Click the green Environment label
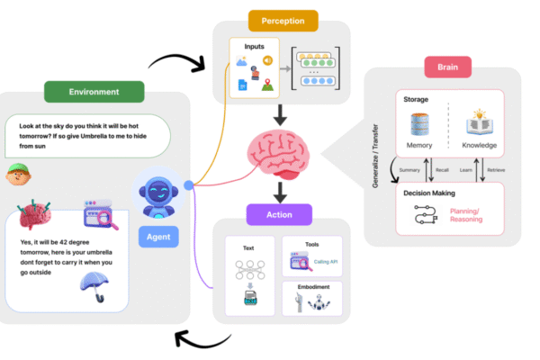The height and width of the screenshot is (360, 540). (94, 91)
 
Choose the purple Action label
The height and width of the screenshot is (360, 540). (279, 214)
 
